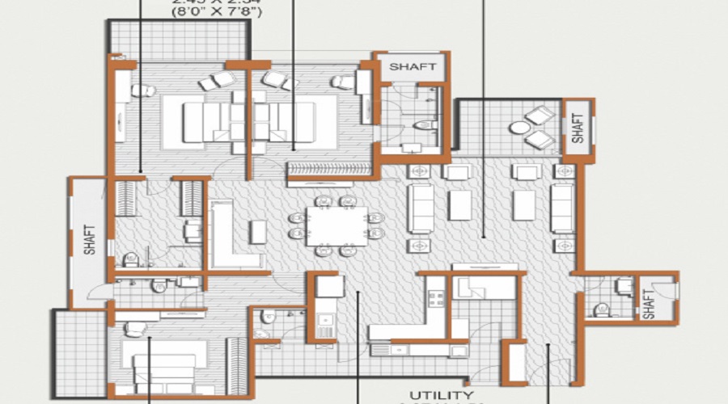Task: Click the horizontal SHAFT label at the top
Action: click(x=413, y=67)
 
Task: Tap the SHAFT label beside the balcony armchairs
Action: click(x=578, y=127)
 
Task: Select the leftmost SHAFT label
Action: click(x=90, y=240)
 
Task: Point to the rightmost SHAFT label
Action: click(x=649, y=303)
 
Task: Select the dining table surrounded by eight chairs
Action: click(x=336, y=225)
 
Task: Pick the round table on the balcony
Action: click(x=517, y=127)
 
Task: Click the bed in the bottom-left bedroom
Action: click(x=162, y=364)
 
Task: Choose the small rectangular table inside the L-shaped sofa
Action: click(x=257, y=231)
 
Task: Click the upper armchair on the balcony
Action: click(x=540, y=116)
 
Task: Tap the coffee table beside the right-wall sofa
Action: click(x=523, y=205)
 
